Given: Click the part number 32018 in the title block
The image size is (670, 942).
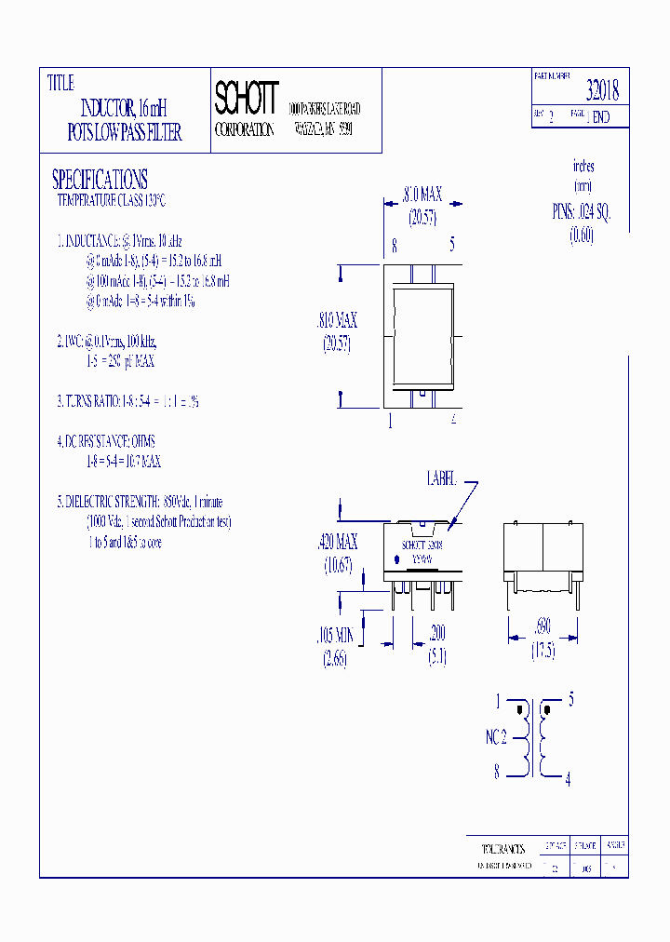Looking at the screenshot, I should coord(602,90).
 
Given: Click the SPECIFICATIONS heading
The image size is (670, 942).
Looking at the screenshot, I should coord(100,179).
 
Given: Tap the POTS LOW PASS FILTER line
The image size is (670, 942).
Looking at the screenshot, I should coord(125,132).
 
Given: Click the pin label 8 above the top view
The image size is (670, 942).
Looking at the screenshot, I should coord(395,246).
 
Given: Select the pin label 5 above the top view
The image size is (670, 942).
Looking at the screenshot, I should coord(452,246).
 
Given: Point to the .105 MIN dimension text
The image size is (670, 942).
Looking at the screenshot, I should coord(334,634).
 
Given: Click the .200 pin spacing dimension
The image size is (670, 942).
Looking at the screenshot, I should coord(435,634).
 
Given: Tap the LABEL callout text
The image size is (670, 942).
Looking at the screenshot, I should coord(442,478).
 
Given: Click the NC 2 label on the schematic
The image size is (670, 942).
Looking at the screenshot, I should coord(496,736).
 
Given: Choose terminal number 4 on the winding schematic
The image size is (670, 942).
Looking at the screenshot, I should coord(569,780).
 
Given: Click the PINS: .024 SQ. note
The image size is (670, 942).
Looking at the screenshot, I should coord(582,212).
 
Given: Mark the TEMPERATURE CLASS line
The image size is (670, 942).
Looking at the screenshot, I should coord(111,200).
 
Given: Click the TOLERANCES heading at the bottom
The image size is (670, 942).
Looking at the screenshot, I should coord(503,849).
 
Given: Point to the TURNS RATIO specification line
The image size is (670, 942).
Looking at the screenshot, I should coord(127,401).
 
